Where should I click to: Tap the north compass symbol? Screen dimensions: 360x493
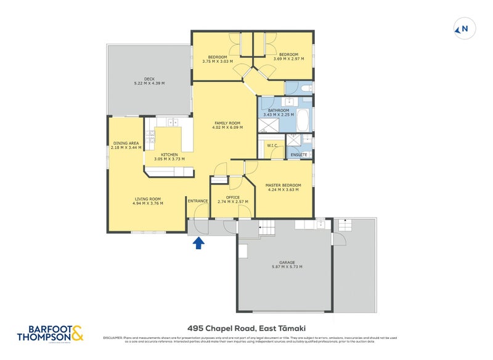click(462, 28)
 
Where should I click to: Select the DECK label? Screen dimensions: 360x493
click(149, 78)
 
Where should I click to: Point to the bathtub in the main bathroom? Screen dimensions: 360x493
click(304, 122)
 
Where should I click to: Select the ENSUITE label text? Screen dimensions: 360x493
click(299, 154)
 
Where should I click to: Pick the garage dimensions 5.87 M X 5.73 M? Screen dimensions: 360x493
click(287, 267)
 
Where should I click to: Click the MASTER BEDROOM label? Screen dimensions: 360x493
click(283, 185)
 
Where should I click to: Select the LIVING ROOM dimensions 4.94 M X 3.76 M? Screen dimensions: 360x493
click(148, 203)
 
